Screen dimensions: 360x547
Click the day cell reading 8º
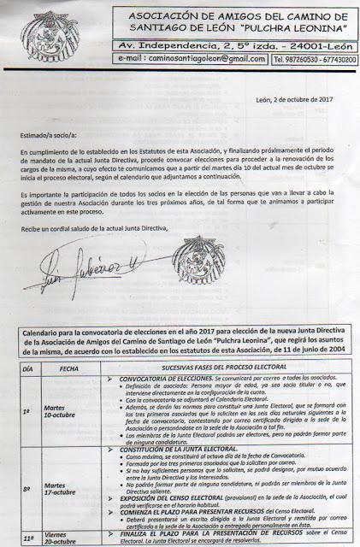point(27,489)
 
